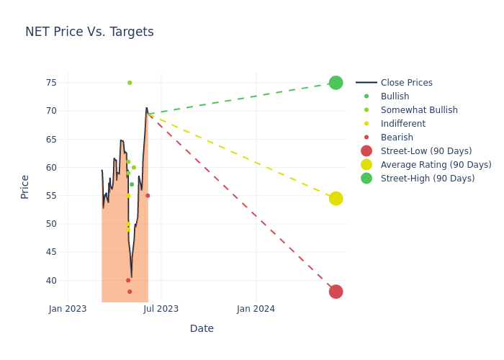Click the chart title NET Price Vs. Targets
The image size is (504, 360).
coord(89,32)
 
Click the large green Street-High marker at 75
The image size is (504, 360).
coord(336,83)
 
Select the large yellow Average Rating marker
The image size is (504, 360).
coord(336,198)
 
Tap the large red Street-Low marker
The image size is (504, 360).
coord(336,292)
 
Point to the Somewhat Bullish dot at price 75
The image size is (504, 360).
coord(130,83)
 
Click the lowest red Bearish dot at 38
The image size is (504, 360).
coord(130,292)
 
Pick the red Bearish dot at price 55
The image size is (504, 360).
coord(148,196)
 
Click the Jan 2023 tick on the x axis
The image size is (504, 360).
coord(68,309)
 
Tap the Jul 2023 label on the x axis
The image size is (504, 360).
coord(161,309)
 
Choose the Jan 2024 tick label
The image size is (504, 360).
coord(256,309)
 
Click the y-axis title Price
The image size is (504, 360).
coord(25,186)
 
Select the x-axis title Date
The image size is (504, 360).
coord(202,329)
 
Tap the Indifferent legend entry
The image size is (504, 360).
coord(402,124)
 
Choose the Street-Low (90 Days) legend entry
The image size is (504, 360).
coord(426,151)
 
